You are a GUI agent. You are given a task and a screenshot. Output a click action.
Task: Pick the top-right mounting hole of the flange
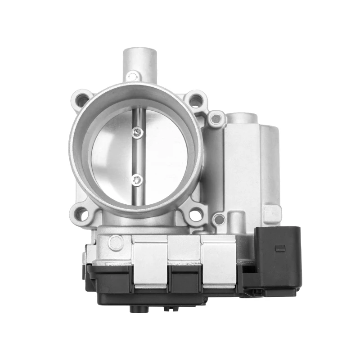pyautogui.click(x=195, y=101)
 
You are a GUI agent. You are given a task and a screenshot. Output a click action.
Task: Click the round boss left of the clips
pyautogui.click(x=116, y=243)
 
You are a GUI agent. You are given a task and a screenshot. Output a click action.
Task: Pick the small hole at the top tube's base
pyautogui.click(x=132, y=77)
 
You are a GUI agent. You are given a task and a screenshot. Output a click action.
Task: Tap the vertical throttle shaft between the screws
pyautogui.click(x=138, y=156)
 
